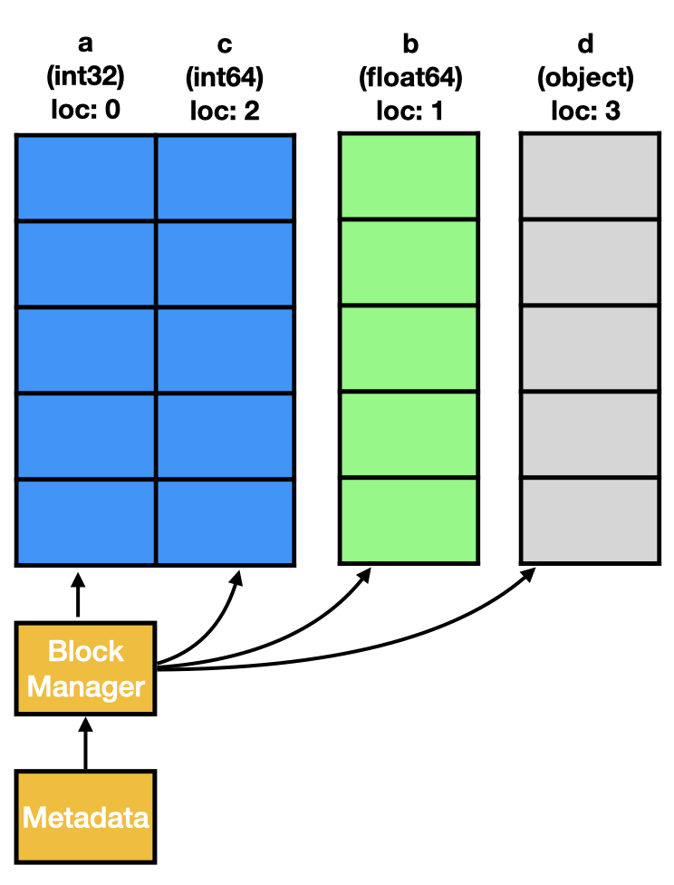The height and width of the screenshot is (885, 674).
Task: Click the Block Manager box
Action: (x=85, y=669)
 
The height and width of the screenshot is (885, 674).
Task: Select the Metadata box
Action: (x=85, y=817)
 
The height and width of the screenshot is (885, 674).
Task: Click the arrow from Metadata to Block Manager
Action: (x=85, y=744)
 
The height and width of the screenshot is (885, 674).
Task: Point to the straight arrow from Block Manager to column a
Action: (x=78, y=597)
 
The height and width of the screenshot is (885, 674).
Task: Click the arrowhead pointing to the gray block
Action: (x=528, y=575)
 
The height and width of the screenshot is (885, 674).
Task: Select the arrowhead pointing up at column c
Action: (x=238, y=577)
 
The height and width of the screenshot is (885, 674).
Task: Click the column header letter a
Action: (x=86, y=45)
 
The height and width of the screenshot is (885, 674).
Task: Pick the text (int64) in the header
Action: (x=225, y=78)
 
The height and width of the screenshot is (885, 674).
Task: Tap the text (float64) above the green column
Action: (x=409, y=78)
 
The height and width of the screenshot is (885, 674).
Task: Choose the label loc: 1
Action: (x=409, y=111)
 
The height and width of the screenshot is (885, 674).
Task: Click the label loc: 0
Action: (x=86, y=111)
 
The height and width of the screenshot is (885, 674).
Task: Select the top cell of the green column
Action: (x=409, y=177)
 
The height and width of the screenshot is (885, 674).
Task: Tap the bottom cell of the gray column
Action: (x=589, y=520)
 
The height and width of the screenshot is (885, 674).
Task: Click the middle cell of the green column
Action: (x=409, y=349)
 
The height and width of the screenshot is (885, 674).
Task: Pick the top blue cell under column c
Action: (x=225, y=177)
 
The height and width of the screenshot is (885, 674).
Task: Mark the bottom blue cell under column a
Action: (x=87, y=520)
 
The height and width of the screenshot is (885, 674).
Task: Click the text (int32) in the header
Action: (x=86, y=78)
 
